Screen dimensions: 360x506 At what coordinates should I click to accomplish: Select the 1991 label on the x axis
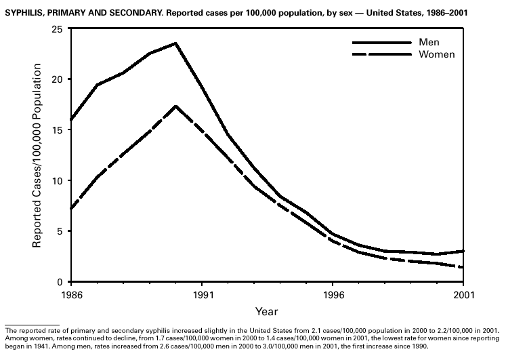203,296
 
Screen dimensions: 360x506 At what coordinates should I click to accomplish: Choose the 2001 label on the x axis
463,296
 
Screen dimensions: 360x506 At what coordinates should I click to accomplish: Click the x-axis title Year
266,311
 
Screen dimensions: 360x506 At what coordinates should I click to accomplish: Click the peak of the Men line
175,43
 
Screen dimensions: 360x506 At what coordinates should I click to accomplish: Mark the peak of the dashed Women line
175,106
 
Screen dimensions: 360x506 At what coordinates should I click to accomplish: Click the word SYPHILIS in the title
25,12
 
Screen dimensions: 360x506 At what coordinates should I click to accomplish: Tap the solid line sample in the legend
381,42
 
